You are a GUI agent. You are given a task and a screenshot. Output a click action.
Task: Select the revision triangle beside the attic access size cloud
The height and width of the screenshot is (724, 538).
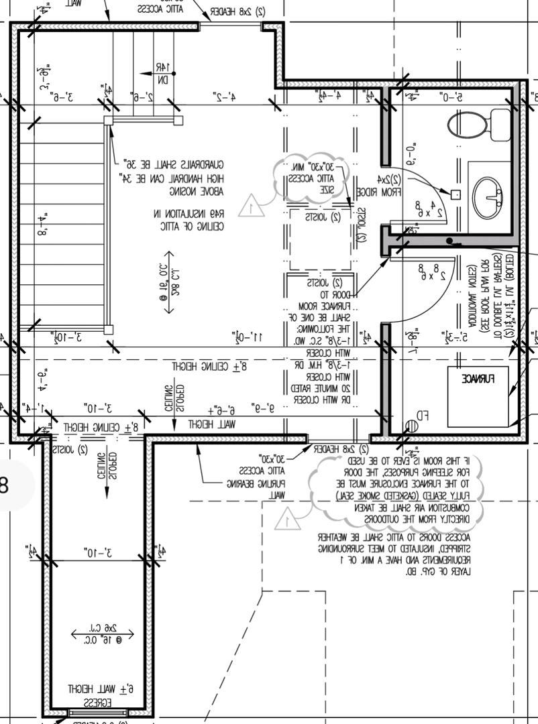pos(250,205)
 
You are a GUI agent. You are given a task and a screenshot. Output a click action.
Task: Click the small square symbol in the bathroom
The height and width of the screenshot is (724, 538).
pos(455,194)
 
